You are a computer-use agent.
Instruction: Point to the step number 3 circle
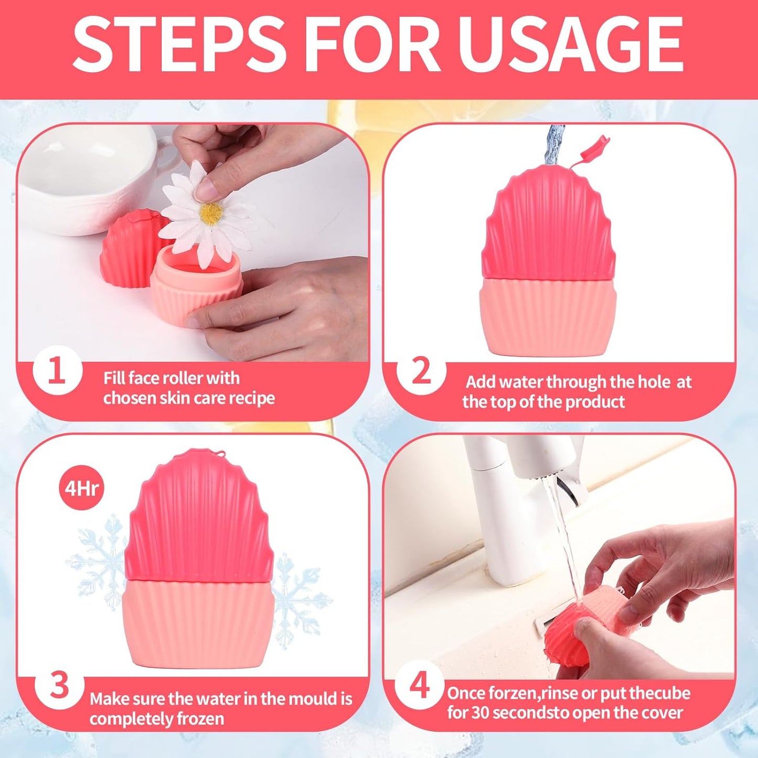point(59,685)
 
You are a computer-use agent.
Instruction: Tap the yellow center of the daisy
point(212,213)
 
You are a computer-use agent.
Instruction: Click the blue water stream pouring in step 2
point(554,144)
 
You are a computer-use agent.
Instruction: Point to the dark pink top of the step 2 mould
point(548,226)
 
